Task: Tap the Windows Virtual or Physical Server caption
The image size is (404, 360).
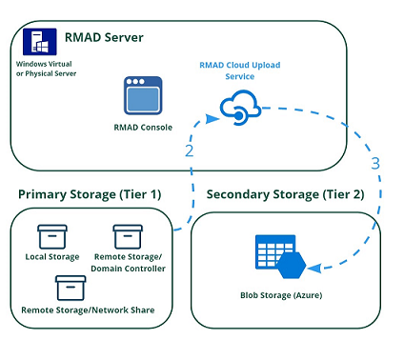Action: pos(44,68)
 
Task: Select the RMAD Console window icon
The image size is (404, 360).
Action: pos(143,96)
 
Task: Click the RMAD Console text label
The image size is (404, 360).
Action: pos(142,126)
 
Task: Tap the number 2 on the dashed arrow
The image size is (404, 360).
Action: pos(190,151)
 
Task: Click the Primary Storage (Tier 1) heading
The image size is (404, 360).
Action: pos(90,195)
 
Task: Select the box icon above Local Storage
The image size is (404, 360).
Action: pos(51,236)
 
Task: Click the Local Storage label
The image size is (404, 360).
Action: pos(51,257)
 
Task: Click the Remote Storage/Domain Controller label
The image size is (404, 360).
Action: pos(131,263)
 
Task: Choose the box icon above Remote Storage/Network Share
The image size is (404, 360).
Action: pos(71,287)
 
